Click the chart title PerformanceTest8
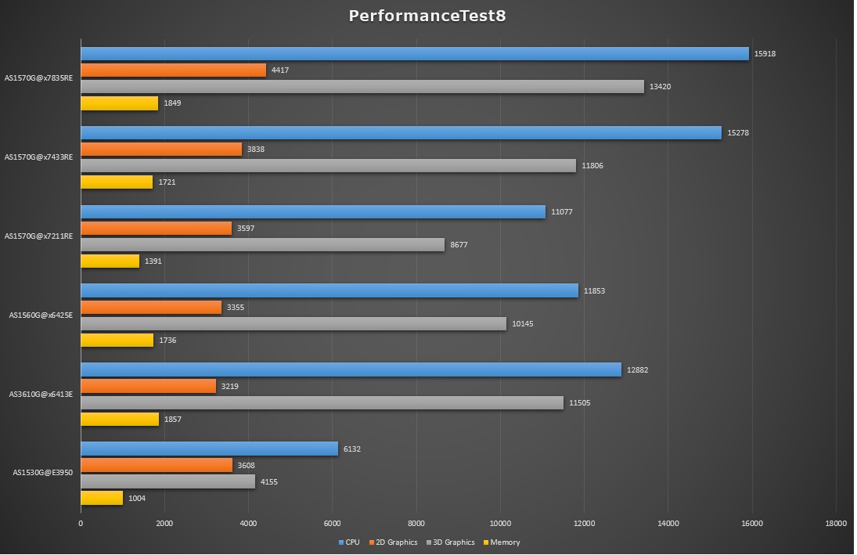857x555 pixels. click(427, 16)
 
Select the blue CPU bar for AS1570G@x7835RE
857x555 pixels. click(415, 54)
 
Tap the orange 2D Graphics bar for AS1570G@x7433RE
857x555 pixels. click(161, 150)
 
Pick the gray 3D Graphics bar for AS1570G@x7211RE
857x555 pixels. click(262, 245)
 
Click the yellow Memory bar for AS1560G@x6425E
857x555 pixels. click(117, 341)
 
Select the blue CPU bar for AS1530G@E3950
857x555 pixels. click(209, 449)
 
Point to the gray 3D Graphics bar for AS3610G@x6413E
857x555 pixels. click(322, 402)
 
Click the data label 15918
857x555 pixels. click(765, 54)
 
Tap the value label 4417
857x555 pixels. click(280, 70)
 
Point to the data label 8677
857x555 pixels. click(459, 245)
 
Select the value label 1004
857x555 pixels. click(137, 498)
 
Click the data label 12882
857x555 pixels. click(637, 369)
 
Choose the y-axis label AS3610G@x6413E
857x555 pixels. click(41, 394)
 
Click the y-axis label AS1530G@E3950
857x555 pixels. click(42, 472)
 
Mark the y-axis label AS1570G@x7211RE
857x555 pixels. click(38, 236)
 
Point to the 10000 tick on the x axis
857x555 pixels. click(500, 524)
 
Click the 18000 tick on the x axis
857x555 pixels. click(835, 524)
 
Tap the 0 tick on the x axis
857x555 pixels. click(81, 524)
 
